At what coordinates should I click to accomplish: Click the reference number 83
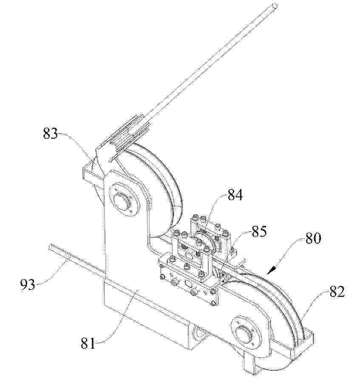click(x=50, y=134)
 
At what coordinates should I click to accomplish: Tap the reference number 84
click(x=235, y=195)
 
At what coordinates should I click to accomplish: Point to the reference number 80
click(x=313, y=238)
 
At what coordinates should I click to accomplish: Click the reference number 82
click(x=337, y=292)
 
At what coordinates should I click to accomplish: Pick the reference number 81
click(x=88, y=343)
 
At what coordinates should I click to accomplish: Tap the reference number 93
click(x=28, y=285)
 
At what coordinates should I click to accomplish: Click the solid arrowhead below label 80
click(x=272, y=270)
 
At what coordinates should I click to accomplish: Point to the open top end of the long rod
click(x=275, y=6)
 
